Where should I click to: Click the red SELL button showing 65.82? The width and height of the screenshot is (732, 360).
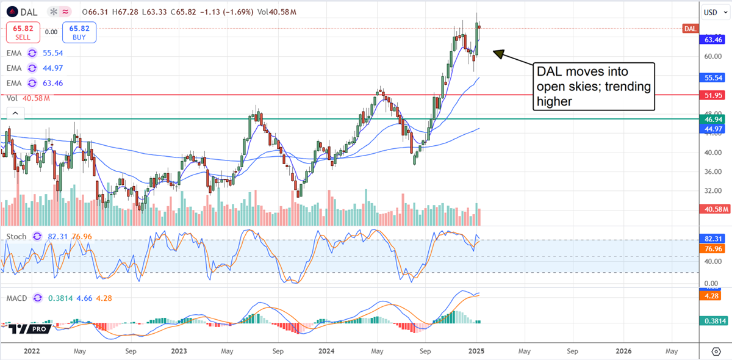23,32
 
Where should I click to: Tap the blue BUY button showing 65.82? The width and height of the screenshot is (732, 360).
79,32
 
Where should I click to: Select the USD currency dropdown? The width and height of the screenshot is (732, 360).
711,12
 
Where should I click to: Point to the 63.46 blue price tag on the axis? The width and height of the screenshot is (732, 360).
713,40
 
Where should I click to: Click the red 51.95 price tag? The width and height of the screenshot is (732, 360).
713,95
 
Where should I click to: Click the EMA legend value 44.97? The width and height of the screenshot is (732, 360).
54,68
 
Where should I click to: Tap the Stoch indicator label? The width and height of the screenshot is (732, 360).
16,236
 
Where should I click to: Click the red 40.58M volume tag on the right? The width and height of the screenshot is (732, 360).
713,209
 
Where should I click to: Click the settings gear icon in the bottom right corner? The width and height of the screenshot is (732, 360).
716,352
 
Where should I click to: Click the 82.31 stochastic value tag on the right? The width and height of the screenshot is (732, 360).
713,238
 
